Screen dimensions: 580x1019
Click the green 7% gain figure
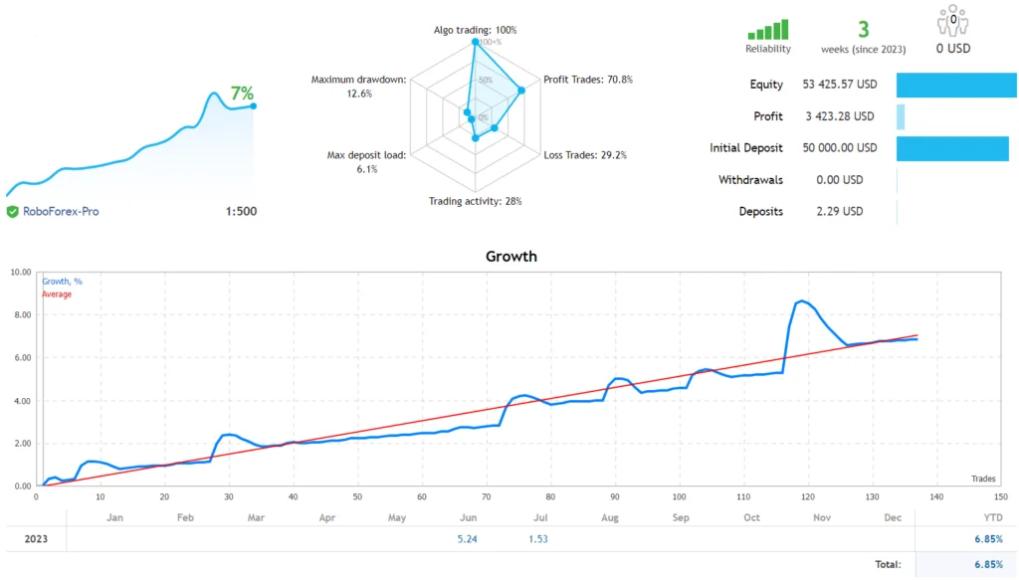[x=242, y=94]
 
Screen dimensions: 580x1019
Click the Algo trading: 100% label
[x=475, y=30]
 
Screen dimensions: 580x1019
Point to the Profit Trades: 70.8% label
[x=588, y=80]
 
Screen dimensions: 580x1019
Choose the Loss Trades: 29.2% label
[x=585, y=155]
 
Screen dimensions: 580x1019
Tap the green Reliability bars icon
[x=767, y=30]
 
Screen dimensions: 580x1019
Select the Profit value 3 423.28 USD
[x=840, y=116]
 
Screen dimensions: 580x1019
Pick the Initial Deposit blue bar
[x=952, y=148]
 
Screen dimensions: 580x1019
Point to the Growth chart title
[x=510, y=257]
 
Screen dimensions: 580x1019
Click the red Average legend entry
[x=57, y=294]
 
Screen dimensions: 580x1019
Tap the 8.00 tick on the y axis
[x=20, y=314]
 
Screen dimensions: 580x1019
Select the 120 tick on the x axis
[x=808, y=496]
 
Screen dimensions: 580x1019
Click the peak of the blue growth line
[x=801, y=300]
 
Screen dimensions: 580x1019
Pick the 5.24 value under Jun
[x=468, y=538]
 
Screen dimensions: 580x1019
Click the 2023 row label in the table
[x=35, y=538]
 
